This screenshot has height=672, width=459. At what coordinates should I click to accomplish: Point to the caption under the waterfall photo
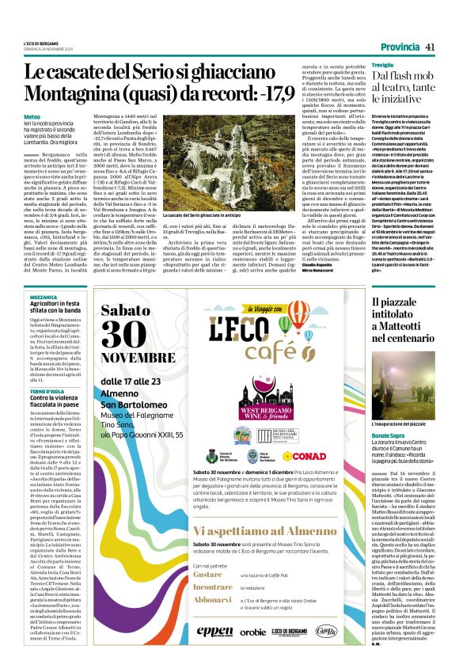click(195, 215)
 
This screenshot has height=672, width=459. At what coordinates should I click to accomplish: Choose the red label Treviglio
click(361, 64)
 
